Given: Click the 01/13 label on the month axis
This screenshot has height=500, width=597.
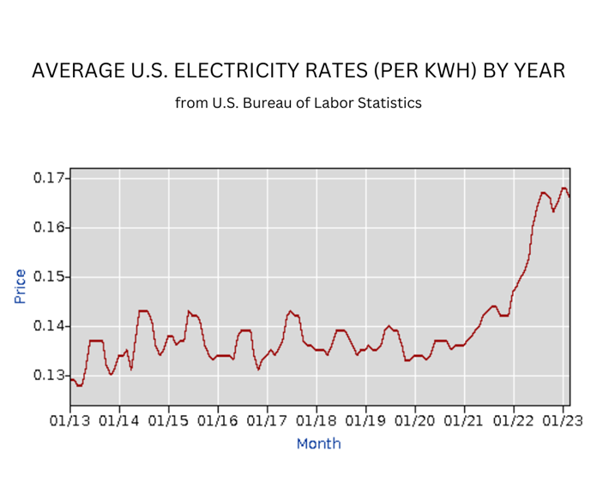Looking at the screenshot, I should [x=70, y=422].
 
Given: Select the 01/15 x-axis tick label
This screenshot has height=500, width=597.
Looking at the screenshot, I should [x=169, y=422].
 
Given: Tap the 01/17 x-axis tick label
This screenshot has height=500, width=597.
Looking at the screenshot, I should [x=268, y=422].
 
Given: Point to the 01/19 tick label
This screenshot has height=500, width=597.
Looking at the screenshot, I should [x=366, y=422].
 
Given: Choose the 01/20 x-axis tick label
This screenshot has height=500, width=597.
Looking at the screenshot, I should [x=415, y=422].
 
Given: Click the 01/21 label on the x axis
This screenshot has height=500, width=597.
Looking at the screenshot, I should [x=465, y=422].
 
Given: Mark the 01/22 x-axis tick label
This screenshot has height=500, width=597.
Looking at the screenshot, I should [x=514, y=422].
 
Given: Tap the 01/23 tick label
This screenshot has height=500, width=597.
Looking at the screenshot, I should [x=563, y=422].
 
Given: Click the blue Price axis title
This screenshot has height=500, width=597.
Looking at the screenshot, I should [x=20, y=286].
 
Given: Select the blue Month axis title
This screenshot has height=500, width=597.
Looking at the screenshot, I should [x=318, y=443].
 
